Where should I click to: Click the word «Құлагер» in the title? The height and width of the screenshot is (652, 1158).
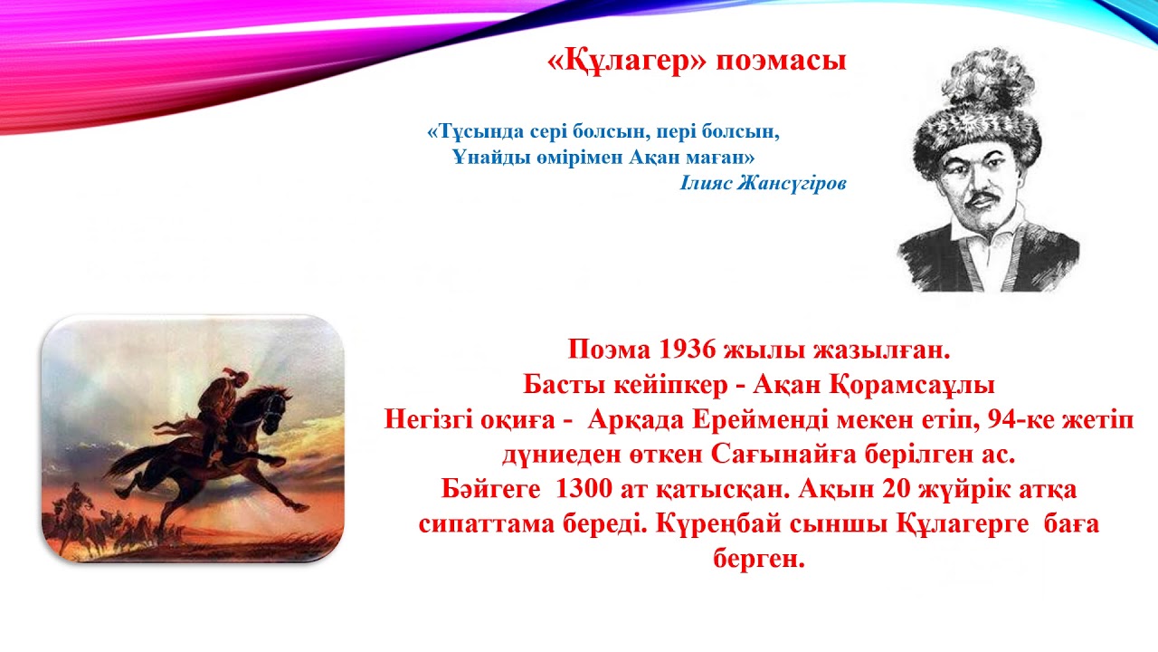pos(627,61)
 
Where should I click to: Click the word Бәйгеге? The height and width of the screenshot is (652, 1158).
pos(496,491)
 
